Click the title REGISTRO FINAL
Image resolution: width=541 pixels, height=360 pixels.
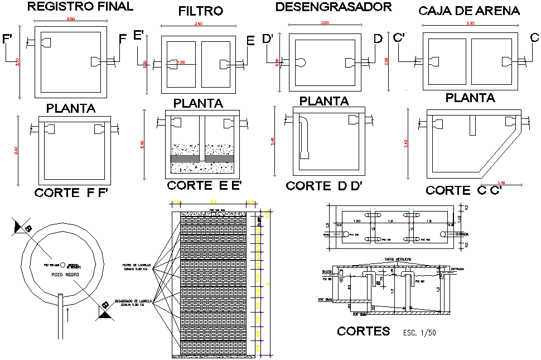pyautogui.click(x=80, y=7)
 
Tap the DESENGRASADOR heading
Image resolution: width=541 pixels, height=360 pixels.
pyautogui.click(x=334, y=7)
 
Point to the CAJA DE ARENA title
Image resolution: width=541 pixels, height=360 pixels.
pyautogui.click(x=468, y=11)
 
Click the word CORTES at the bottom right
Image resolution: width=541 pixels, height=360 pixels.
pyautogui.click(x=363, y=332)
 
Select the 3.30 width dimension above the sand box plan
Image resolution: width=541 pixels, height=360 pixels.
pyautogui.click(x=471, y=24)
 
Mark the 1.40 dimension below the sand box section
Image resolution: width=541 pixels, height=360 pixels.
pyautogui.click(x=501, y=183)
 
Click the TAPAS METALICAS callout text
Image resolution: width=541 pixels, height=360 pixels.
pyautogui.click(x=397, y=260)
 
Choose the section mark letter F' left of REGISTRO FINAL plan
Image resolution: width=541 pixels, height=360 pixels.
pyautogui.click(x=8, y=39)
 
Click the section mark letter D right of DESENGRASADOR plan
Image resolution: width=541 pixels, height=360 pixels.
pyautogui.click(x=378, y=39)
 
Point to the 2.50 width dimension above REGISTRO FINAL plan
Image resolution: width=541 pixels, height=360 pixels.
pyautogui.click(x=71, y=20)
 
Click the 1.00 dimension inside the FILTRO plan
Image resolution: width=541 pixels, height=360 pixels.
pyautogui.click(x=182, y=63)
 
